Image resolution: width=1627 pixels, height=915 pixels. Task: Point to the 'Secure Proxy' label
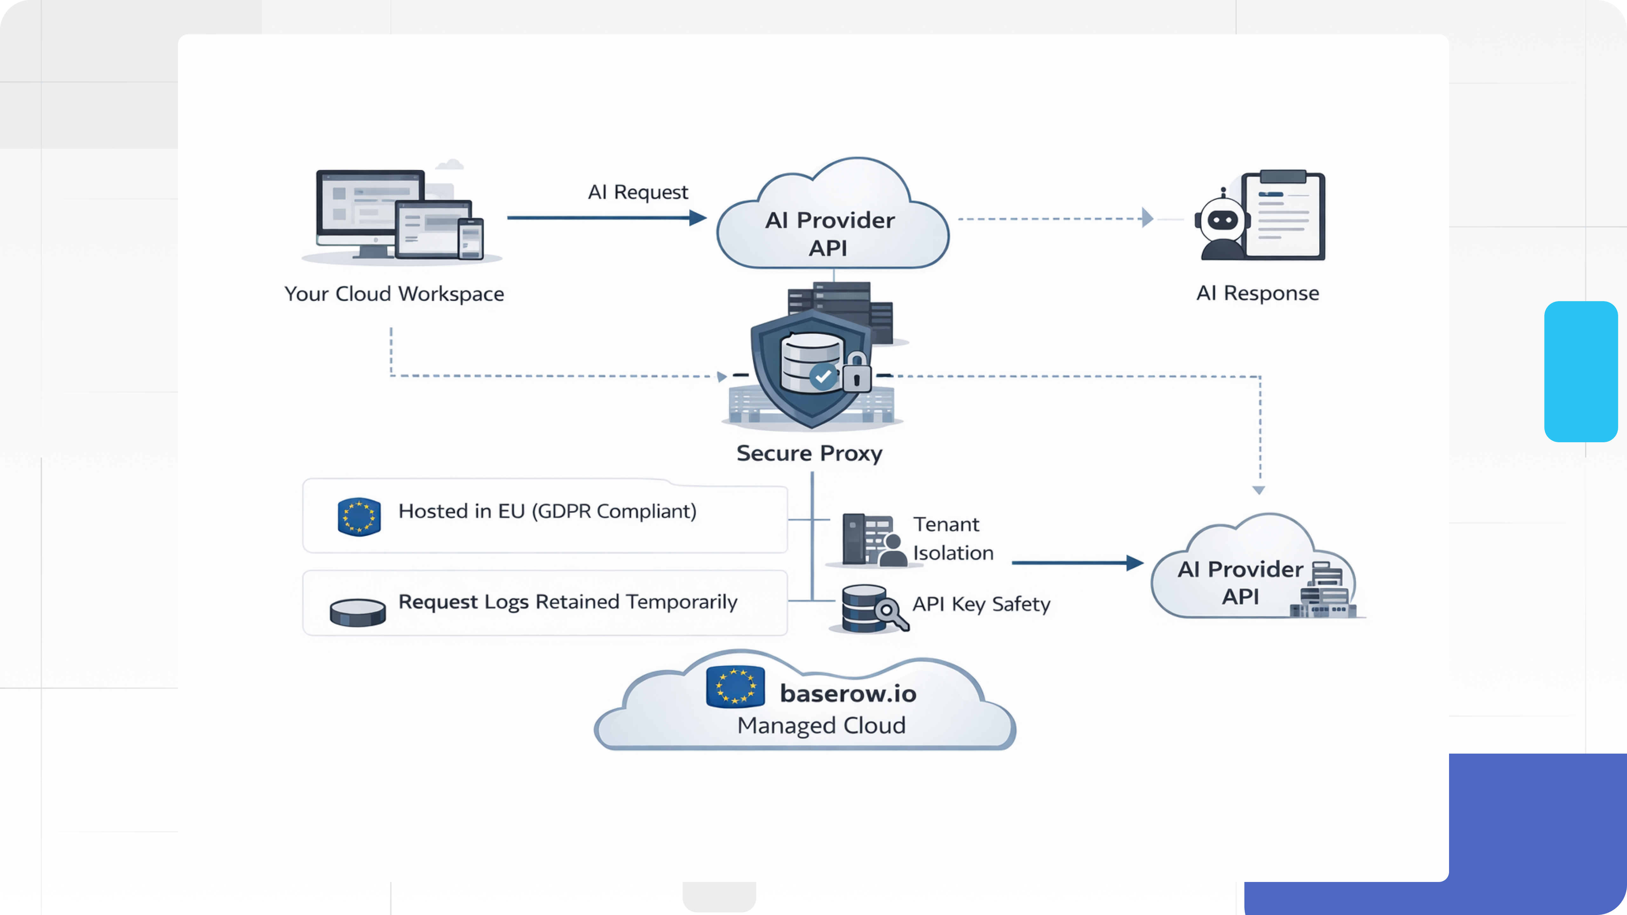click(x=809, y=453)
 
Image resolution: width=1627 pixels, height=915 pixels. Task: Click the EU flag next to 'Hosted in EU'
click(x=359, y=517)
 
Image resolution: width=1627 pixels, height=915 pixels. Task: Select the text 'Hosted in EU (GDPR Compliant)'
click(x=547, y=511)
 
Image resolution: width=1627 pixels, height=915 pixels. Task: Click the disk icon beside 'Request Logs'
click(x=357, y=612)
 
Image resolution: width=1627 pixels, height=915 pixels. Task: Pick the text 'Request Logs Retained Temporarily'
click(x=567, y=602)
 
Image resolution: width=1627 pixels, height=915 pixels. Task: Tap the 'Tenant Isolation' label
click(x=952, y=539)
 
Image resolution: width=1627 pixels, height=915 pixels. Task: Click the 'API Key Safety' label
click(x=981, y=604)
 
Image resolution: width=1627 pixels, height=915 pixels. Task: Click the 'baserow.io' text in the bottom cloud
click(x=848, y=693)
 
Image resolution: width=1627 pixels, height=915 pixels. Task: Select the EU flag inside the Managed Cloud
click(x=735, y=686)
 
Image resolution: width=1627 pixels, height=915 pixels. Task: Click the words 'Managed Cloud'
click(x=821, y=726)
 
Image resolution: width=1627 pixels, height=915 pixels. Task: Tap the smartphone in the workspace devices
click(x=471, y=239)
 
